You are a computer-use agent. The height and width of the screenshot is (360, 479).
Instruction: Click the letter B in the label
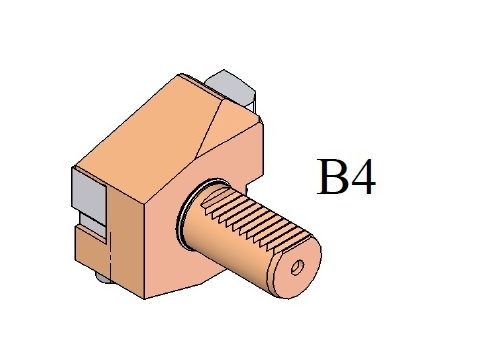pyautogui.click(x=330, y=176)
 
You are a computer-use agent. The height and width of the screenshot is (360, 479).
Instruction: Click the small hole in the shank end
pyautogui.click(x=297, y=267)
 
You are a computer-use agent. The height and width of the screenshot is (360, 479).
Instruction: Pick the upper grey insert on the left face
pyautogui.click(x=89, y=195)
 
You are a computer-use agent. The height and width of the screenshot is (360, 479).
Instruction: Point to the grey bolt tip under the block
pyautogui.click(x=103, y=277)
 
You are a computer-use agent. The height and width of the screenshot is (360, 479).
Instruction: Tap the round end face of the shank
pyautogui.click(x=295, y=267)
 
